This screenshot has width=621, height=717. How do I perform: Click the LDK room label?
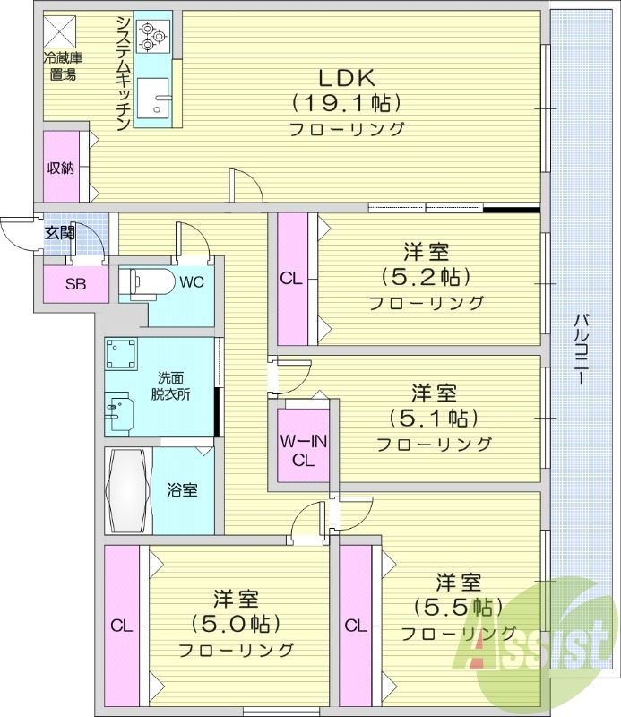click(345, 76)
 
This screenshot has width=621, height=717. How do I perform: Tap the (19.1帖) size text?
click(345, 102)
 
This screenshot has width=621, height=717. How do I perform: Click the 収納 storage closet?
click(61, 168)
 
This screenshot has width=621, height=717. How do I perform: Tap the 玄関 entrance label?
click(61, 232)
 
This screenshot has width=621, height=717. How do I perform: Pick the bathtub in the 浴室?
click(127, 490)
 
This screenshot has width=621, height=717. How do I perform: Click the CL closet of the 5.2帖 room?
click(292, 279)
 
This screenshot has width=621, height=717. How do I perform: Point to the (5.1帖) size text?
click(434, 418)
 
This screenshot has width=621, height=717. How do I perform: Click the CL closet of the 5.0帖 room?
click(121, 626)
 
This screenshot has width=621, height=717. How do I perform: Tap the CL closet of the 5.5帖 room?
click(355, 626)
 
